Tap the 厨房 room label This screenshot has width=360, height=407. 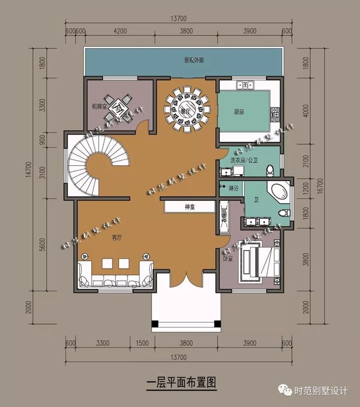239,112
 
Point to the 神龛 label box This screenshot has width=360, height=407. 188,207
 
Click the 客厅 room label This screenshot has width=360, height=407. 116,238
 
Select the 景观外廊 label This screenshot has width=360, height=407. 186,60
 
